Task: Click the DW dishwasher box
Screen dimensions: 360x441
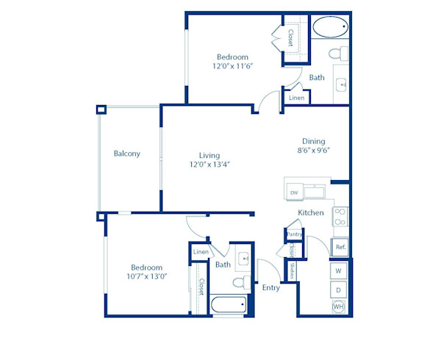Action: tap(294, 192)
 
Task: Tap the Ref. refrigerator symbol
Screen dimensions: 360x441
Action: tap(340, 248)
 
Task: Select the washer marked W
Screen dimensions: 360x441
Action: tap(339, 271)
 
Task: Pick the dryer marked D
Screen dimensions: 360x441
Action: tap(339, 289)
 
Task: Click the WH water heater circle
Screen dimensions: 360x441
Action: tap(339, 306)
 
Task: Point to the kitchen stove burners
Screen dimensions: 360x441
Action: tap(340, 216)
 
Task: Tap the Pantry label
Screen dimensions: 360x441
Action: tap(294, 234)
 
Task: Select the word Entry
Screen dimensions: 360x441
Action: tap(271, 287)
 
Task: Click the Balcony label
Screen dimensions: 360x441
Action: tap(126, 154)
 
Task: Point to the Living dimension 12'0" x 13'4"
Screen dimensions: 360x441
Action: tap(209, 165)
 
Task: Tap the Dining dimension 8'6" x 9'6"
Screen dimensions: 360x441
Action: tap(314, 151)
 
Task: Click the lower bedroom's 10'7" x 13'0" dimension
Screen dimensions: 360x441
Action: tap(146, 277)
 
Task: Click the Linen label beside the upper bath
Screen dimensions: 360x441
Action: tap(296, 97)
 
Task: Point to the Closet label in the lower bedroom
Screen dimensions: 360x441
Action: tap(201, 287)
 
